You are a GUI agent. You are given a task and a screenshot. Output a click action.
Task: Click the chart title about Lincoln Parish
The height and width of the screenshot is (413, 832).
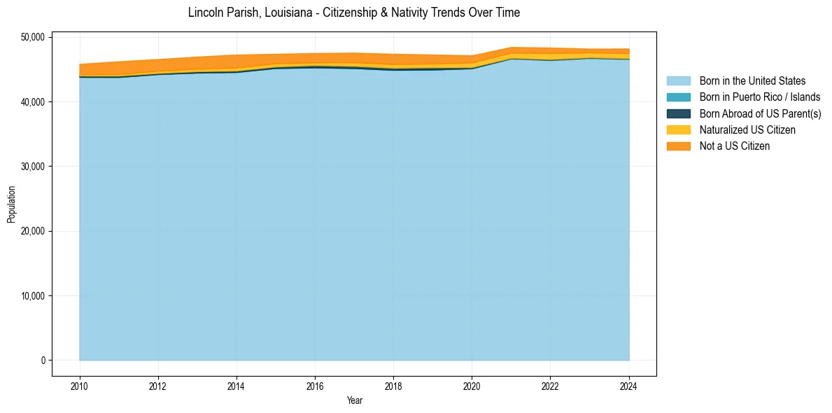pos(354,13)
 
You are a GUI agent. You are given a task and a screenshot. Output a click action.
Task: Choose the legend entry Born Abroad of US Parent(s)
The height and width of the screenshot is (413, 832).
pos(760,113)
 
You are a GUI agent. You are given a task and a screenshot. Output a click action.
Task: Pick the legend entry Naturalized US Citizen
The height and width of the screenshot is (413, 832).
pos(747,129)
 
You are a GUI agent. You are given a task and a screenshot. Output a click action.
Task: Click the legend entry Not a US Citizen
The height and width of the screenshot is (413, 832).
pos(735,146)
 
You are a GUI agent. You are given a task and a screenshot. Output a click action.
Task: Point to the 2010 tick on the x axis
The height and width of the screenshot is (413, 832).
pos(80,385)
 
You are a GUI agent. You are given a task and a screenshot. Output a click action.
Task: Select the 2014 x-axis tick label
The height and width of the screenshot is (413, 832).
pos(237,385)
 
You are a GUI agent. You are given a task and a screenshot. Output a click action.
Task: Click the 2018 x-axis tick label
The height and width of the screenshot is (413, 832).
pos(393,385)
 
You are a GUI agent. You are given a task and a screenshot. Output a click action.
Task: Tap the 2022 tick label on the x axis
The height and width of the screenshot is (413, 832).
pos(550,385)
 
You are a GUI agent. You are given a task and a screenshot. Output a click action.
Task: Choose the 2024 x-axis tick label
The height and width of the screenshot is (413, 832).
pos(629,385)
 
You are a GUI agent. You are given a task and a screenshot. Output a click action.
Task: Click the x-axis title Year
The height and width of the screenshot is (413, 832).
pos(354,400)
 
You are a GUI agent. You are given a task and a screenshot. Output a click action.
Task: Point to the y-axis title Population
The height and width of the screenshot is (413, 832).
pos(11,204)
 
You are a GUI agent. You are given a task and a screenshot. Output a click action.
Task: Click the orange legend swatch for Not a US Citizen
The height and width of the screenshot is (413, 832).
pos(678,146)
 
